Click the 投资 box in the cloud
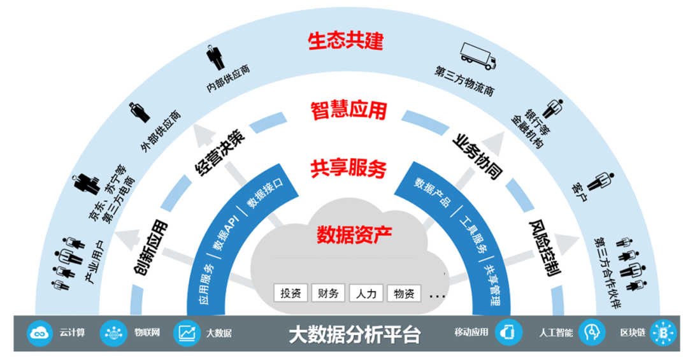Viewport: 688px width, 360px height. point(290,294)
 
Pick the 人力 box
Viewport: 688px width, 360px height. point(366,294)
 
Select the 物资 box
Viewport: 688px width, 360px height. point(404,294)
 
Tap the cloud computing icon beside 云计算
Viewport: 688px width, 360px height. point(39,332)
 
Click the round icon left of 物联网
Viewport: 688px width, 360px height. point(115,332)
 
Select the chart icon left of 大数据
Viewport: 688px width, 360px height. point(187,332)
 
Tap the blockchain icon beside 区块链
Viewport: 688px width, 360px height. point(664,332)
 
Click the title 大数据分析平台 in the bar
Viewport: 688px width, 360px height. point(354,334)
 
